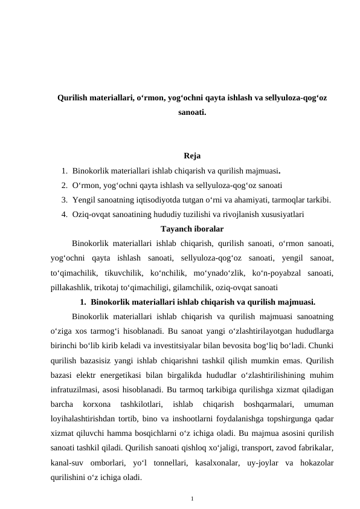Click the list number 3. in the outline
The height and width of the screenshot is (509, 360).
point(64,199)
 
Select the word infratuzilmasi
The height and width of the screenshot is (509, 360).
point(77,388)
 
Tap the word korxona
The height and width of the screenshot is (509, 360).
point(97,403)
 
